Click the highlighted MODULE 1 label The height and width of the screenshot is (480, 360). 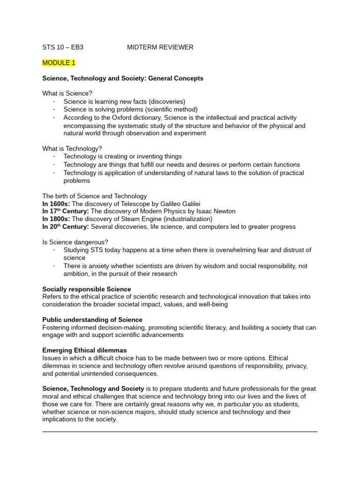click(x=59, y=63)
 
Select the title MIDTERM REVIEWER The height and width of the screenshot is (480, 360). click(x=160, y=47)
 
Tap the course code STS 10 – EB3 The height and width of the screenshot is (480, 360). click(x=63, y=47)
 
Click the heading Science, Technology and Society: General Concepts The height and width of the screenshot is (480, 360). click(x=123, y=78)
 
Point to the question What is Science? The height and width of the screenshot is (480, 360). click(x=67, y=94)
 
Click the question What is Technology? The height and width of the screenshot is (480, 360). click(x=72, y=149)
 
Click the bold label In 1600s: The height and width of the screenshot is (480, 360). click(x=56, y=203)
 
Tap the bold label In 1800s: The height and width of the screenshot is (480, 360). click(x=56, y=219)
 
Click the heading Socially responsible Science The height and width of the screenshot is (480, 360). click(x=87, y=289)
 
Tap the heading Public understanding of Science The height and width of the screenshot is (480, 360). click(x=92, y=320)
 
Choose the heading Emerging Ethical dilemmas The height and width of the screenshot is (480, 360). click(x=84, y=351)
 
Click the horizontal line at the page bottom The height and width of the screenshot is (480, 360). click(x=180, y=432)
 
